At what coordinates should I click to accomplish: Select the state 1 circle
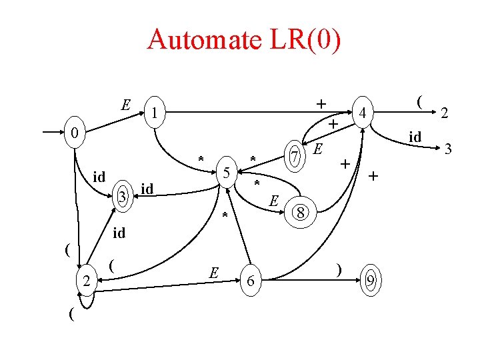coord(154,113)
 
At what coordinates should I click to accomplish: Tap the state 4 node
coord(363,113)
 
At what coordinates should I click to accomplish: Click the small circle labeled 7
coord(293,157)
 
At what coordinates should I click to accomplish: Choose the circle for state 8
coord(301,213)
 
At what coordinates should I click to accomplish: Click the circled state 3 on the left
coord(121,196)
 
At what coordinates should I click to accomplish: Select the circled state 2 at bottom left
coord(86,282)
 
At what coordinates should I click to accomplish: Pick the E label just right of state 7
coord(319,148)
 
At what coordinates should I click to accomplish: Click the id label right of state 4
coord(415,136)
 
